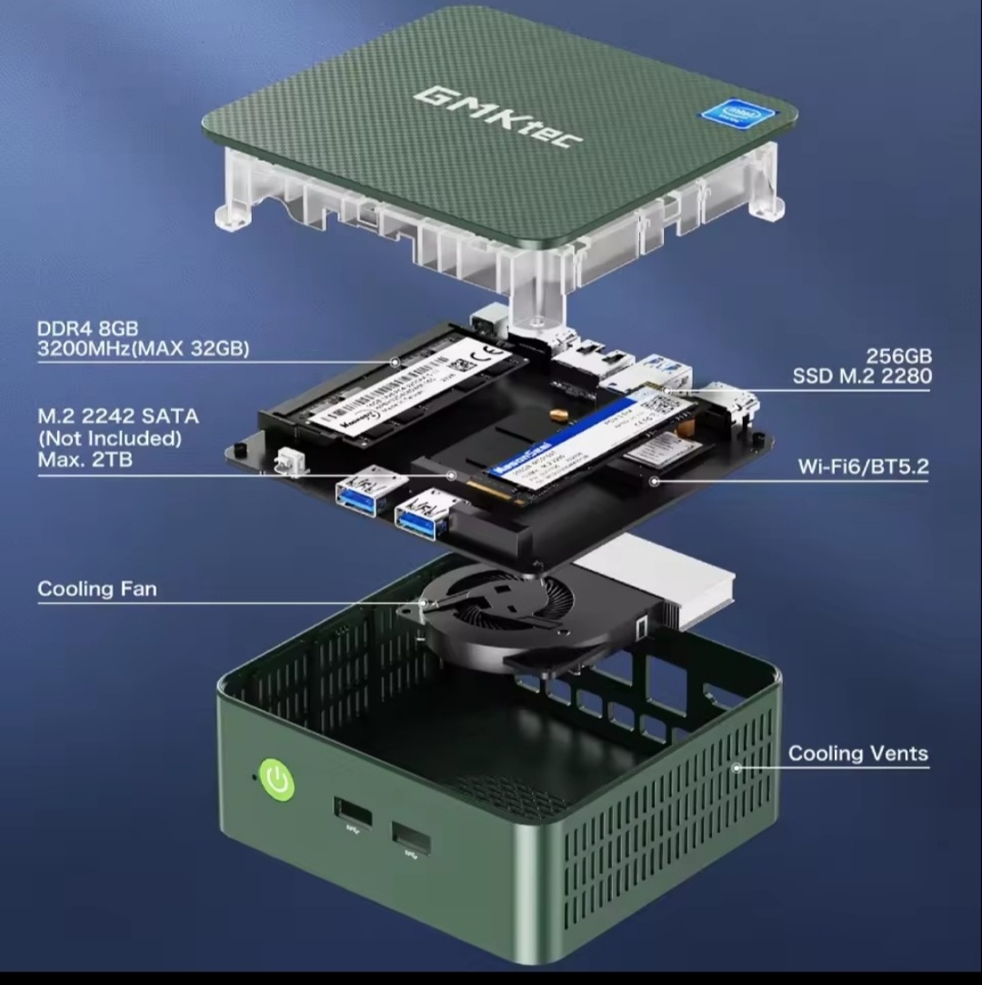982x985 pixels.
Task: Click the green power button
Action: point(277,779)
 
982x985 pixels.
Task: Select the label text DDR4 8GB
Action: point(87,328)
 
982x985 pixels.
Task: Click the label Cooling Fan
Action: point(97,589)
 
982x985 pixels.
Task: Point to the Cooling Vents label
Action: point(858,753)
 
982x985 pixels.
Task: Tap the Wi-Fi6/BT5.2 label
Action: point(863,467)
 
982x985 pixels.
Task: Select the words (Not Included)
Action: point(109,438)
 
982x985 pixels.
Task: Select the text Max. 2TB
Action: point(85,460)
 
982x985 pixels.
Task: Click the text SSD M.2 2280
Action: point(861,376)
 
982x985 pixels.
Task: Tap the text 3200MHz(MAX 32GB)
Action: point(143,349)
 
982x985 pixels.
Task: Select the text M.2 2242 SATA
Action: point(118,417)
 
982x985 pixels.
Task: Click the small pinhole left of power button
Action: point(254,779)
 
